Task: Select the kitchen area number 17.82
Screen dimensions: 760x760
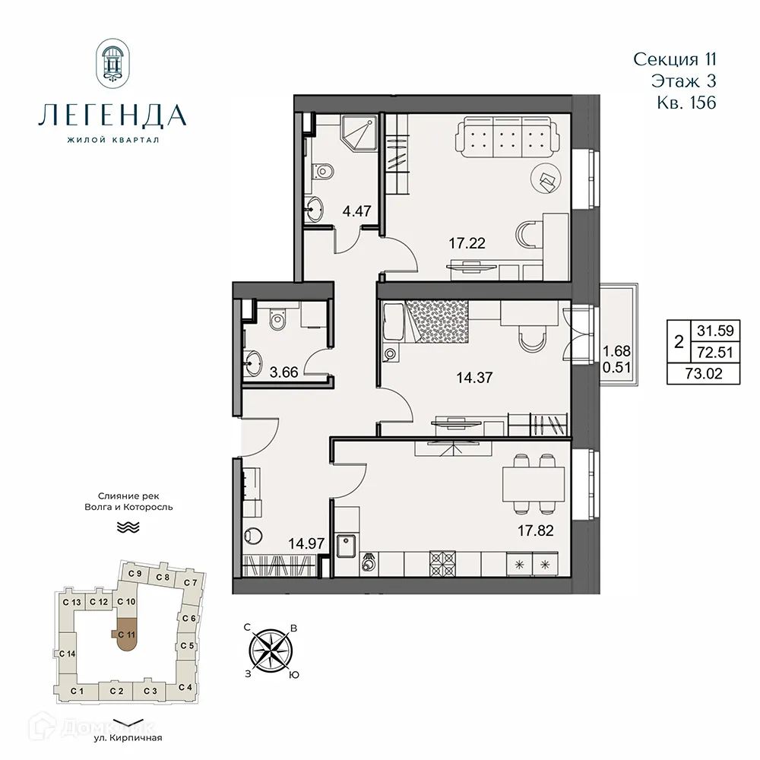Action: tap(535, 531)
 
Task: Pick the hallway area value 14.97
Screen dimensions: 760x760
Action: tap(302, 543)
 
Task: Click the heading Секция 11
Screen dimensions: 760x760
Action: tap(675, 59)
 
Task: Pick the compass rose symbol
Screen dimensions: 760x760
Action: tap(271, 651)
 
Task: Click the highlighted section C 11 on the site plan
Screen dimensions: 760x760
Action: tap(126, 635)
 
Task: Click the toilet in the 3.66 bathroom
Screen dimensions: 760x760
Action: tap(277, 319)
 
